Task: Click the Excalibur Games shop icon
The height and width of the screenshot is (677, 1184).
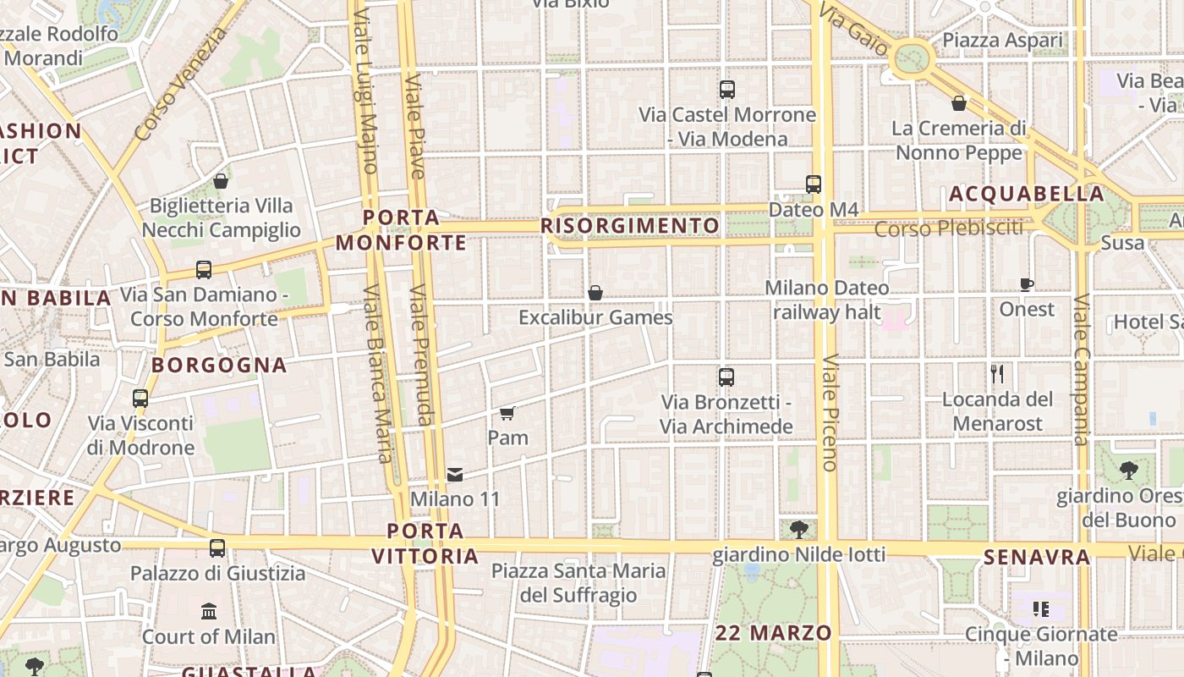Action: pos(595,293)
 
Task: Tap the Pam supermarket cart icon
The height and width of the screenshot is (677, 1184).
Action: pos(507,413)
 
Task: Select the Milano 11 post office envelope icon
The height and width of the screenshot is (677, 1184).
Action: pos(455,474)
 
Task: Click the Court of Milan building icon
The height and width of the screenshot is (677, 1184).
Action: pos(209,611)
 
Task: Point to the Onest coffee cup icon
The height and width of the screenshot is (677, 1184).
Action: pos(1027,284)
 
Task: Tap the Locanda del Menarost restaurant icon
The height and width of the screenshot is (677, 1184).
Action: pos(998,373)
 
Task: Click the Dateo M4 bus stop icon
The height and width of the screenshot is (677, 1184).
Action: pos(814,184)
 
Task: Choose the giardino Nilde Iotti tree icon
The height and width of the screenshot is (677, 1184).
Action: pos(798,530)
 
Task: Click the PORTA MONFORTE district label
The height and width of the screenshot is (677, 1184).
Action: pos(402,230)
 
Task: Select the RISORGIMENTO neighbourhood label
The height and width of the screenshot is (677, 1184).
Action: pos(630,226)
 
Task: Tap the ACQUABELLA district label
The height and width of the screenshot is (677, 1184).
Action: pos(1027,194)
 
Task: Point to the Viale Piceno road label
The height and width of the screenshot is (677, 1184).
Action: pos(829,412)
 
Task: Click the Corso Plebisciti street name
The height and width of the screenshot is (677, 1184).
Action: pos(948,228)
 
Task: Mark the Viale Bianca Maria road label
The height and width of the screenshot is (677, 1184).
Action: pos(376,373)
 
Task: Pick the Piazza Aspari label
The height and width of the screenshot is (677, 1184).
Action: pos(1002,40)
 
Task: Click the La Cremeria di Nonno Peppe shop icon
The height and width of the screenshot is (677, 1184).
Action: pos(959,103)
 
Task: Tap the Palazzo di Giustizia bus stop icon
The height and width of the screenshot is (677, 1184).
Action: pos(217,548)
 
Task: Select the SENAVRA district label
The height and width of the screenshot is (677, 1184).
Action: pos(1037,557)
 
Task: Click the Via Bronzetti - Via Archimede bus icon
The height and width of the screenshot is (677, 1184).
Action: pos(726,377)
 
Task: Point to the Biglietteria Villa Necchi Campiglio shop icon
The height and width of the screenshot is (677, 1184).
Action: pos(221,181)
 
